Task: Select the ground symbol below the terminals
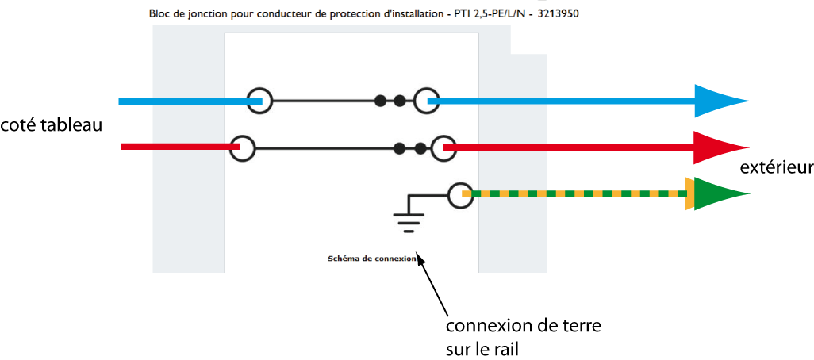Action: coord(409,220)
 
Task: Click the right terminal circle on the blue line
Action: coord(428,101)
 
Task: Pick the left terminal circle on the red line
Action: coord(242,147)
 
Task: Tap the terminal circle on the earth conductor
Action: coord(461,194)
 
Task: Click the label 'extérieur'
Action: coord(776,167)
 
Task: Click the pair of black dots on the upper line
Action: coord(390,101)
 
